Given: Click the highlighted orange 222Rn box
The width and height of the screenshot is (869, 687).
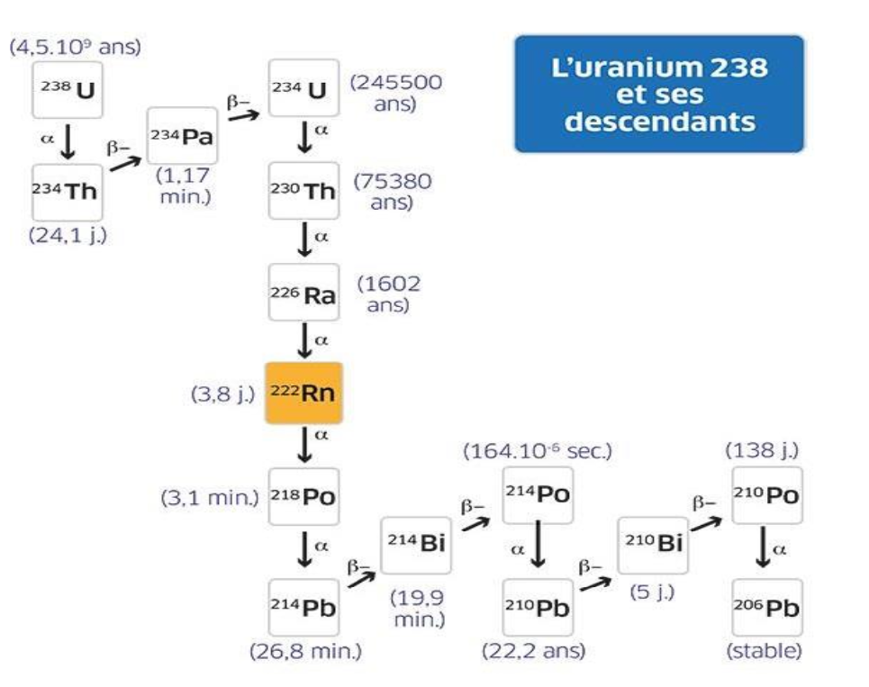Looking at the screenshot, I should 303,393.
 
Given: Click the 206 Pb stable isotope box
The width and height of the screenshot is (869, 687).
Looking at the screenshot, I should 766,607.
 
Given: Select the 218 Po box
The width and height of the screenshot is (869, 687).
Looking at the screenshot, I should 303,496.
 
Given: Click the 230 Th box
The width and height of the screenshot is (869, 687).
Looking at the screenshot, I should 303,191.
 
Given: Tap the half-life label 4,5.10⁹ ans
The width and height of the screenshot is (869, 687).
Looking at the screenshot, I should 75,47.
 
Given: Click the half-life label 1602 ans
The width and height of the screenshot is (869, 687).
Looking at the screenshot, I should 388,294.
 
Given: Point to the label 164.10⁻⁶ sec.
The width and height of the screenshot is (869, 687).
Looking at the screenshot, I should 538,452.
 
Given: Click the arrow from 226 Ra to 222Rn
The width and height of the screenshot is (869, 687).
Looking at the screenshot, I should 305,343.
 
